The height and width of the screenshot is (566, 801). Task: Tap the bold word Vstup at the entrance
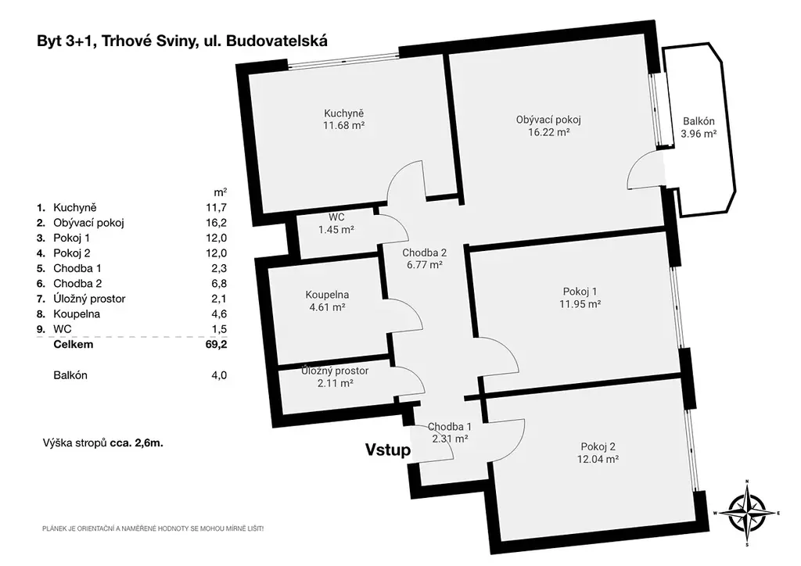[x=388, y=450]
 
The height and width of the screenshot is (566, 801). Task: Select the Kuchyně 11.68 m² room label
[x=344, y=120]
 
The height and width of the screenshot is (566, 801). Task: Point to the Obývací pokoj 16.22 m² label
[x=548, y=126]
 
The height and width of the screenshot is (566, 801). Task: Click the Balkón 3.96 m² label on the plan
[x=699, y=127]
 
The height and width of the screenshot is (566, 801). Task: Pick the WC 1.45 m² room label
[x=336, y=224]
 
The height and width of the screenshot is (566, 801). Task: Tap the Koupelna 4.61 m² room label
[x=327, y=301]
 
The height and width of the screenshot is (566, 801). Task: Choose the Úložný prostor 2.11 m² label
[x=335, y=377]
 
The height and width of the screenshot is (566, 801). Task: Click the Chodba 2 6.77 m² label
[x=425, y=259]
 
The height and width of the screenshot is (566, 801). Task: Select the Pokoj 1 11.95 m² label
[x=580, y=298]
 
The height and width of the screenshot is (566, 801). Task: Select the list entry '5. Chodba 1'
[x=69, y=268]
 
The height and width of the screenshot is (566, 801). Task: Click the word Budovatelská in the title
[x=277, y=41]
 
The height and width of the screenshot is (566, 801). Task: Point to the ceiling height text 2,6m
[x=149, y=443]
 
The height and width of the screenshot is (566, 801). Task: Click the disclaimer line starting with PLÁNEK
[x=153, y=529]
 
